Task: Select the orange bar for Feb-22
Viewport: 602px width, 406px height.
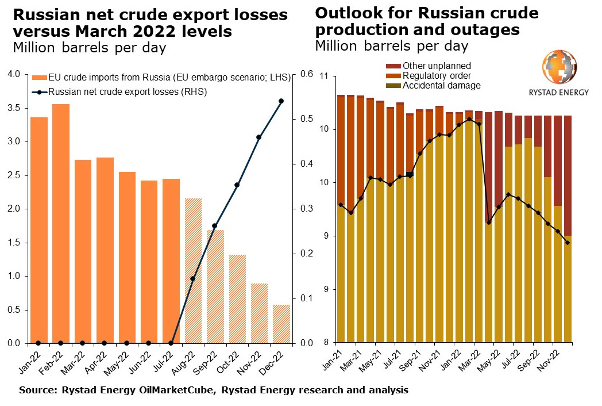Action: pyautogui.click(x=60, y=224)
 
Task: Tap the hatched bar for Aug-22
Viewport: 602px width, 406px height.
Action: pyautogui.click(x=193, y=271)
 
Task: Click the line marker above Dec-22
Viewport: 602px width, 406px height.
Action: pyautogui.click(x=281, y=101)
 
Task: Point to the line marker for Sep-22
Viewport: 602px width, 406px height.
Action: pyautogui.click(x=215, y=226)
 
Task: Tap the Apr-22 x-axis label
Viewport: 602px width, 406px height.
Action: pyautogui.click(x=102, y=358)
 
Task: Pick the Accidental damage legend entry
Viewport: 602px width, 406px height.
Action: pyautogui.click(x=441, y=86)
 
